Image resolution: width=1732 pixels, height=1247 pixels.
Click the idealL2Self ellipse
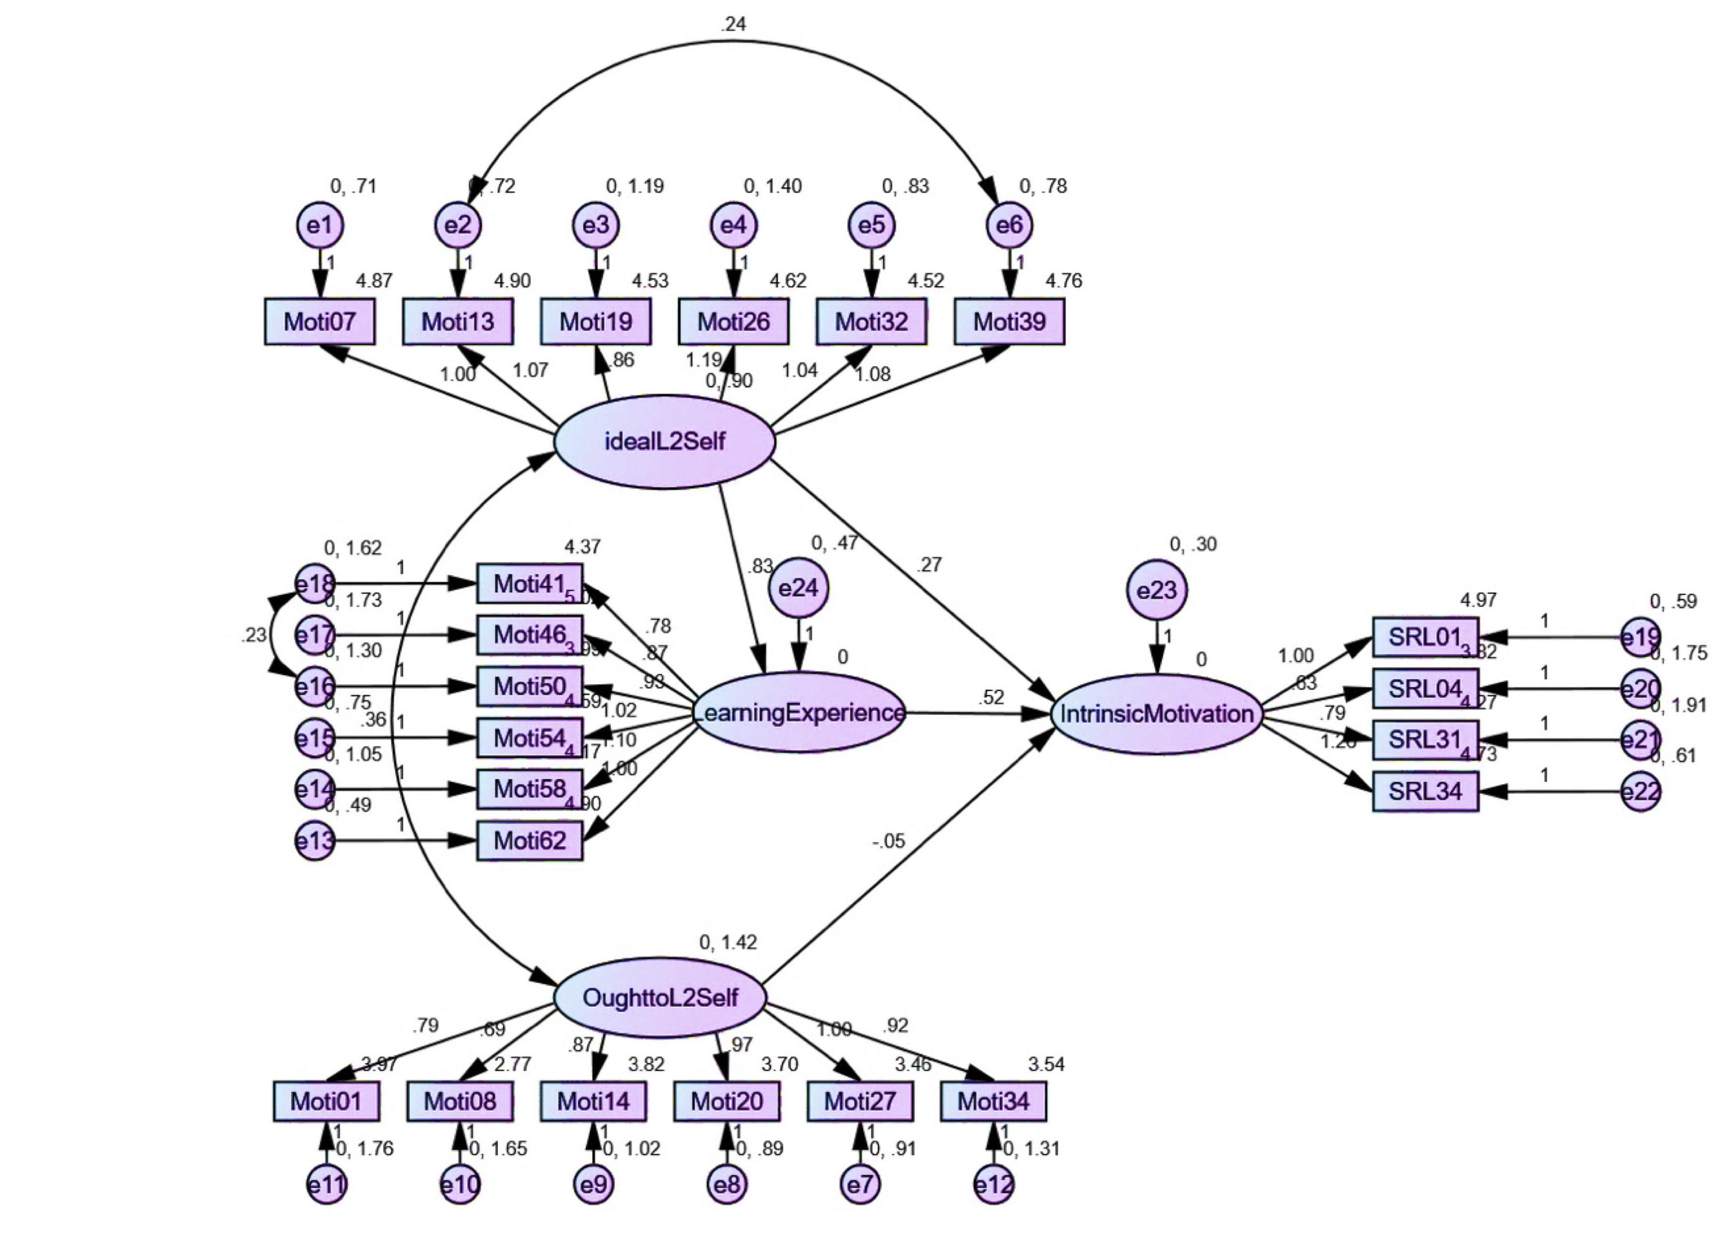click(664, 441)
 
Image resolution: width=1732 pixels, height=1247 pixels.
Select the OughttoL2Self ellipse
click(660, 997)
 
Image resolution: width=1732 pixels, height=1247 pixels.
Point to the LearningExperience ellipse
click(800, 712)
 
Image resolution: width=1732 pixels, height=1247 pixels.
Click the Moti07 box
click(320, 322)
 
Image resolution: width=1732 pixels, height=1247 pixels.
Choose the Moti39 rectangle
click(1009, 322)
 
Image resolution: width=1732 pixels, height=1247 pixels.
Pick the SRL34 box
click(1425, 791)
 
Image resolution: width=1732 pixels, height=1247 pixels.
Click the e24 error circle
click(799, 588)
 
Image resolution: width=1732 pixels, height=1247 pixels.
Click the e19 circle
click(1640, 637)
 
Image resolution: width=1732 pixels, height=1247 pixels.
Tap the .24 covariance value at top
click(732, 25)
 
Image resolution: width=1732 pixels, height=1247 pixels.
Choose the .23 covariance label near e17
click(253, 635)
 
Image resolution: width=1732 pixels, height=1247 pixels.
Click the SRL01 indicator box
click(1425, 637)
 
